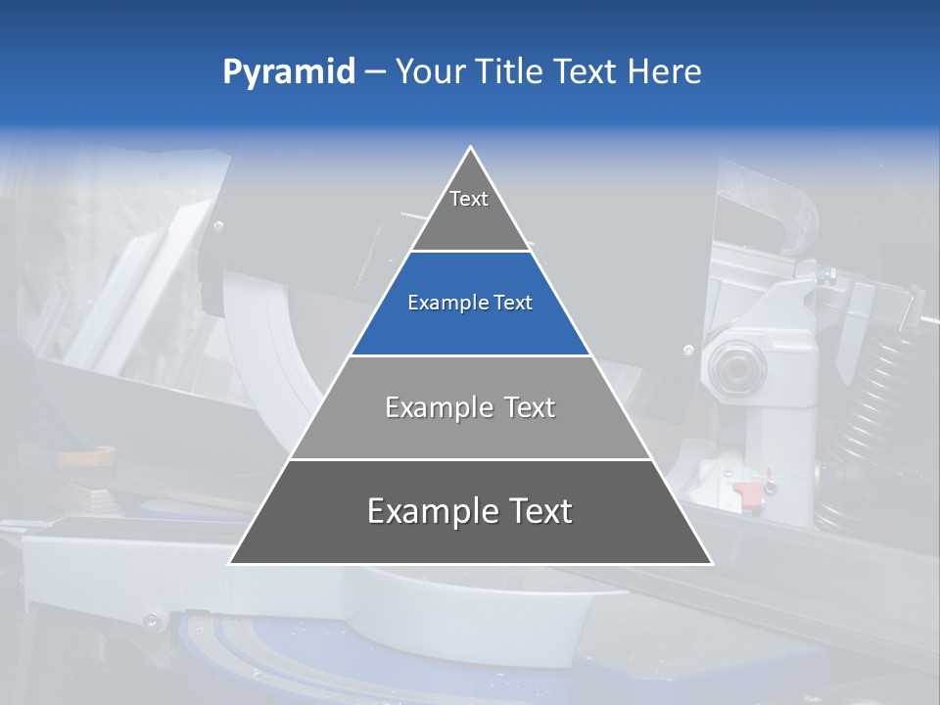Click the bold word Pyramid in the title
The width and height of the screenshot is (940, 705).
coord(288,72)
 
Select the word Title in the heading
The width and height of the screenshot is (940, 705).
coord(514,71)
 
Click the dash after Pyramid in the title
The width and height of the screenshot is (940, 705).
coord(374,72)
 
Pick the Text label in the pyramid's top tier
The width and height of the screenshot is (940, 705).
coord(469,199)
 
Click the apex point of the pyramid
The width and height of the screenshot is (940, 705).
coord(471,147)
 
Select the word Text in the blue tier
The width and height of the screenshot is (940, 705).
coord(513,303)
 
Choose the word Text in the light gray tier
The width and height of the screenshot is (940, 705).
coord(530,407)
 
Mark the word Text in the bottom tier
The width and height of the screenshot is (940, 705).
coord(540,511)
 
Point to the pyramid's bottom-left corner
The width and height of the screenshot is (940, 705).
coord(230,563)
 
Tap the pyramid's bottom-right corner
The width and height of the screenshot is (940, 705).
coord(712,563)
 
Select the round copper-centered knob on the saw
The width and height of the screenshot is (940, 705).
coord(732,364)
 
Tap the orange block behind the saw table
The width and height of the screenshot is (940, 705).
coord(85,456)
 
